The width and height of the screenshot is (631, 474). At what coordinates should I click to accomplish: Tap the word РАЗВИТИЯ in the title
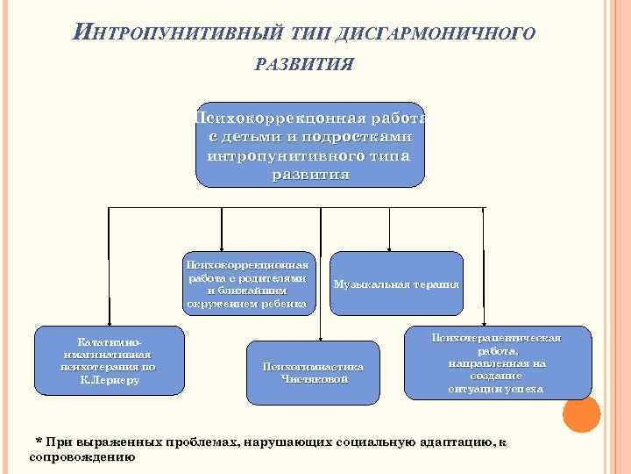pyautogui.click(x=303, y=63)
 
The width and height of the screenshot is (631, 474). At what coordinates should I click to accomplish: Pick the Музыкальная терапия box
pyautogui.click(x=396, y=284)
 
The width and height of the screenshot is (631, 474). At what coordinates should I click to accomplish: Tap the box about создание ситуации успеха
pyautogui.click(x=495, y=362)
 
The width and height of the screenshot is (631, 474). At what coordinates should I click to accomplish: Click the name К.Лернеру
pyautogui.click(x=110, y=381)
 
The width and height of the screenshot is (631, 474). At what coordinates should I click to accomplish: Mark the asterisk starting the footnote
pyautogui.click(x=37, y=441)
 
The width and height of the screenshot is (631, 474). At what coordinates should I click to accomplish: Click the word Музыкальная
pyautogui.click(x=368, y=284)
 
